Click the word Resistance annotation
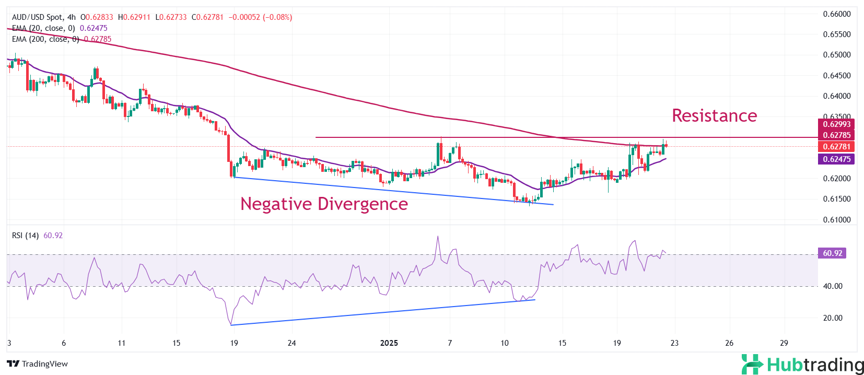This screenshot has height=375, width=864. pos(714,115)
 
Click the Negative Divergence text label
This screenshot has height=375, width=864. pos(324,204)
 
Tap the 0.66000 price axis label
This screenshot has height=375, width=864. pos(837,14)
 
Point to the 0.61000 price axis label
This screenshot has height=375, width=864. pos(837,220)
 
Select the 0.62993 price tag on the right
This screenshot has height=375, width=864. pos(836,124)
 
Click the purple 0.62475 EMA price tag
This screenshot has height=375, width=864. pos(836,159)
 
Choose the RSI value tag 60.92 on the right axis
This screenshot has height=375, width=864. pos(832,253)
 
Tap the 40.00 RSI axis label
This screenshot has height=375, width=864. pos(833,286)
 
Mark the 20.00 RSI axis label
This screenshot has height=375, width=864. pos(833,318)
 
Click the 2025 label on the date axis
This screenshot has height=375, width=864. pos(389,343)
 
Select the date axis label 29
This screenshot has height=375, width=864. pos(784,343)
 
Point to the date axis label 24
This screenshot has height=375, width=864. pos(291,343)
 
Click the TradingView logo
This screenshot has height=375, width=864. pos(38,364)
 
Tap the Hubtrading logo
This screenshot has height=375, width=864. pos(802,364)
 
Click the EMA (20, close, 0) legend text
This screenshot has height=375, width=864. pos(43,28)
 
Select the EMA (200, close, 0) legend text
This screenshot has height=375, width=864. pos(45,39)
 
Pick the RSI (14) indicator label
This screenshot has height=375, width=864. pos(25,236)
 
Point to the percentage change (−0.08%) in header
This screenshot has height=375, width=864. pos(277,17)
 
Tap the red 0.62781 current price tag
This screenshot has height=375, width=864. pos(836,147)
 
